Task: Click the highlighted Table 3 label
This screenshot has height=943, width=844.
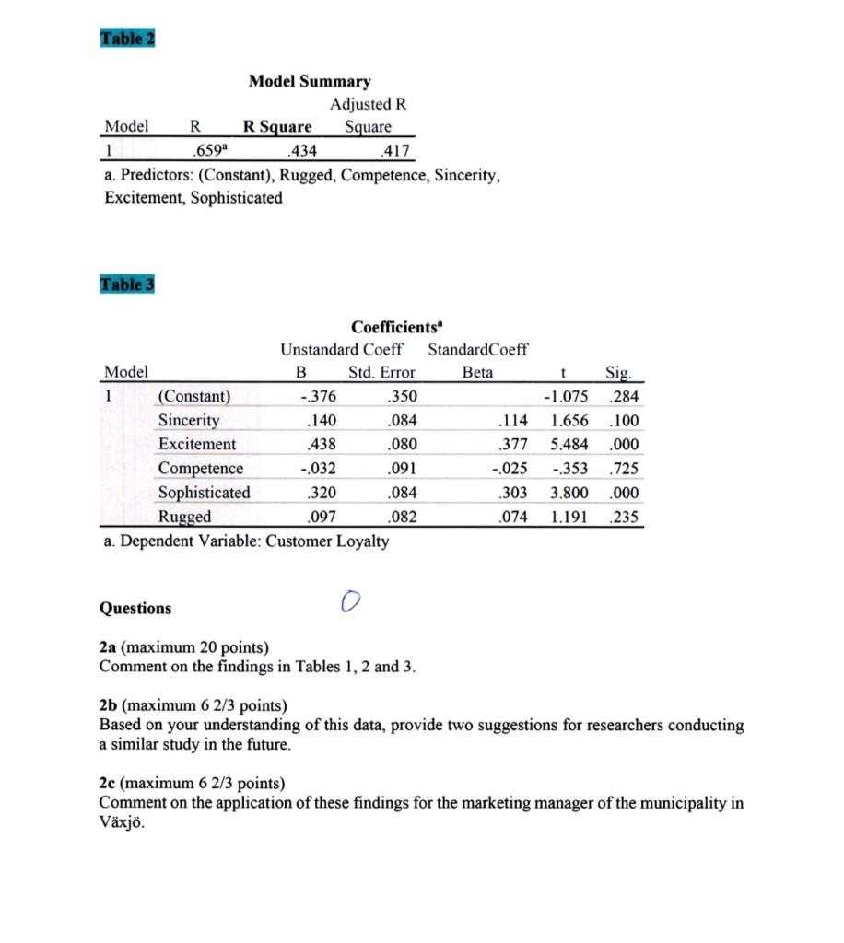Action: (126, 284)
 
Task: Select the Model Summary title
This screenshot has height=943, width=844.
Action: (310, 82)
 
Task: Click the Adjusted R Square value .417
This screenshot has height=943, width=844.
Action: (394, 150)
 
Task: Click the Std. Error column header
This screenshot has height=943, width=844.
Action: (381, 373)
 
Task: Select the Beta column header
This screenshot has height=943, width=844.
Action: (477, 373)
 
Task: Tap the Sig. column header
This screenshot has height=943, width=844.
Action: (618, 373)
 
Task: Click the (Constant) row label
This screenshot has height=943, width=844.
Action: (194, 397)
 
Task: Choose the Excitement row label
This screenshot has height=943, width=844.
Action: (197, 445)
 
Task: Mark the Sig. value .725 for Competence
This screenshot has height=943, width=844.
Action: (625, 469)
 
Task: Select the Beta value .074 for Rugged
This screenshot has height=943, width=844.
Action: (512, 517)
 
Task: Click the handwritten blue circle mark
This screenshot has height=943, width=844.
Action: (347, 600)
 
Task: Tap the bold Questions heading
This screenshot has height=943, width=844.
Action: (135, 608)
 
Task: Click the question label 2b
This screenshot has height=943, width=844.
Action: (110, 705)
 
